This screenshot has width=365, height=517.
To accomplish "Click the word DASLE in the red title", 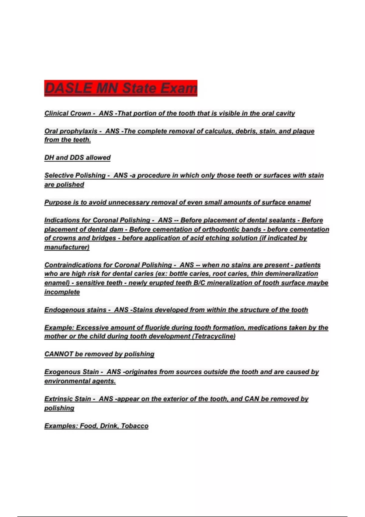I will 68,88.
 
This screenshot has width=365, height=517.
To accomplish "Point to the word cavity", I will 285,113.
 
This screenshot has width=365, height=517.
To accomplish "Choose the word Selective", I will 59,175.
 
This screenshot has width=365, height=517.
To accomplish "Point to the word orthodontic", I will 222,229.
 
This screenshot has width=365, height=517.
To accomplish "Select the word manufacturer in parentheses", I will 67,247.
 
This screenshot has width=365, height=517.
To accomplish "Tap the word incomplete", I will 62,292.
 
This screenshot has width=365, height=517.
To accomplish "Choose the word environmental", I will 67,381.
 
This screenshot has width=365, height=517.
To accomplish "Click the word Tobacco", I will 134,426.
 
